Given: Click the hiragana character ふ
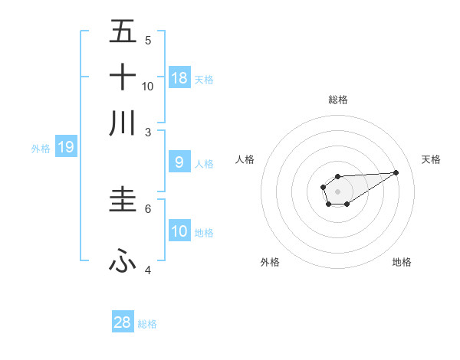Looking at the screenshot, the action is point(123,262).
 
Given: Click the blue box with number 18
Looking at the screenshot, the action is point(179,77).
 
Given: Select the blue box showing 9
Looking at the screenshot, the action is point(179,162).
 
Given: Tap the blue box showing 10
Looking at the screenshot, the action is point(179,231).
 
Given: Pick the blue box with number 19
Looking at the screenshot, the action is point(66,147).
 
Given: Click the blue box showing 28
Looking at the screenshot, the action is point(123,322).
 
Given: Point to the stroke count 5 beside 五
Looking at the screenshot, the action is point(148,41).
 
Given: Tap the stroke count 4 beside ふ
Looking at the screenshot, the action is point(148,270).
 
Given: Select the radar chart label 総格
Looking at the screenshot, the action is point(337,100).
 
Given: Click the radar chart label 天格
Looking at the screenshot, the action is point(432,159).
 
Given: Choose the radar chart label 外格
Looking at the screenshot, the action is point(269,262).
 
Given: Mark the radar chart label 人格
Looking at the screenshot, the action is point(245,159).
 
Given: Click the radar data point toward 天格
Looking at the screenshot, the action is point(396,172).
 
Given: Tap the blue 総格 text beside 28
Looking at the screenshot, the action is point(147,324).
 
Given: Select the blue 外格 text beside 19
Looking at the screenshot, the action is point(40,149).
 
